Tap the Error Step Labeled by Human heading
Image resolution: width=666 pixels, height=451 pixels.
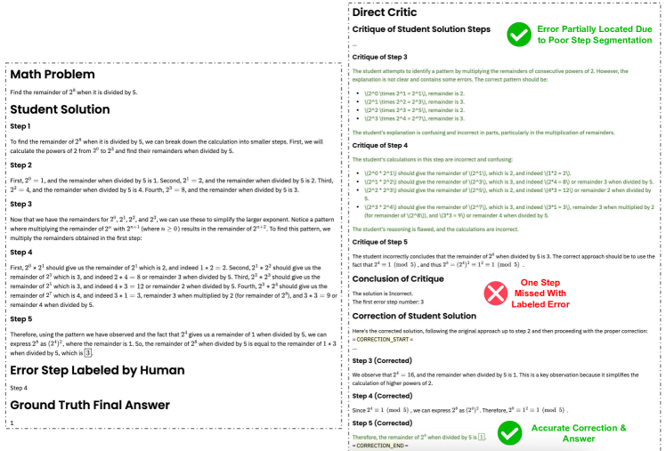tap(97, 370)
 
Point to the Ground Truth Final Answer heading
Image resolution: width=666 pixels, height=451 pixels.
tap(90, 405)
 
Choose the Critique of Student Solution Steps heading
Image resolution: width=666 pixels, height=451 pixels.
tap(421, 29)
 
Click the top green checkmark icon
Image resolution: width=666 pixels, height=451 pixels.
tap(518, 35)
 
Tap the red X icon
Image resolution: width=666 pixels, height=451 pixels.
tap(495, 293)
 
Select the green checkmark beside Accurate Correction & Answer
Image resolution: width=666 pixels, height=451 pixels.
tap(510, 433)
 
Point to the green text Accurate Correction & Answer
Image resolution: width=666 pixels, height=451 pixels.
tap(586, 433)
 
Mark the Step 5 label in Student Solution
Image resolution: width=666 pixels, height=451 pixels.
tap(21, 318)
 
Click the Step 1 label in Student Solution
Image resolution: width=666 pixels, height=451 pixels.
tap(21, 126)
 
